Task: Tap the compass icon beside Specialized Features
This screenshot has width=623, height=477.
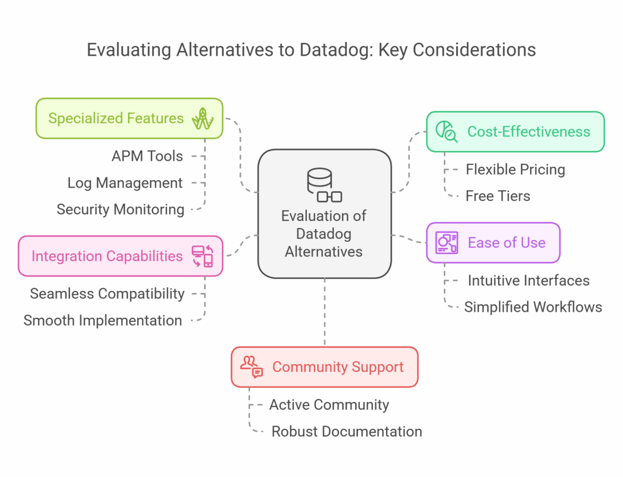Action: (x=203, y=119)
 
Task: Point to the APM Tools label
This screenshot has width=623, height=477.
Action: (x=147, y=156)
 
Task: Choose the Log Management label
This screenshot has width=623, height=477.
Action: (x=125, y=183)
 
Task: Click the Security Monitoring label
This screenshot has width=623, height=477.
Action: (x=120, y=210)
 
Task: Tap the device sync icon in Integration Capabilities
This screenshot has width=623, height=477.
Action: (x=203, y=256)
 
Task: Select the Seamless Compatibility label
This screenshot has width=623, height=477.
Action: (x=107, y=294)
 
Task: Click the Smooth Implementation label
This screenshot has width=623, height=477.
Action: (x=103, y=320)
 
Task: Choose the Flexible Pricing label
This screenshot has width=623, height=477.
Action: (x=515, y=170)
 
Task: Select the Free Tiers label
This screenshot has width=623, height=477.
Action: (x=498, y=196)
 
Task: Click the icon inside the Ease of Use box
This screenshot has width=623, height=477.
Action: (x=447, y=243)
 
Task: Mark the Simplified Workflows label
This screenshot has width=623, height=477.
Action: (x=533, y=307)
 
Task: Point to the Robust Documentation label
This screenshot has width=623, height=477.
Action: (x=347, y=432)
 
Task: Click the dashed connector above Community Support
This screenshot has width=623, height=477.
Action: (x=325, y=312)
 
